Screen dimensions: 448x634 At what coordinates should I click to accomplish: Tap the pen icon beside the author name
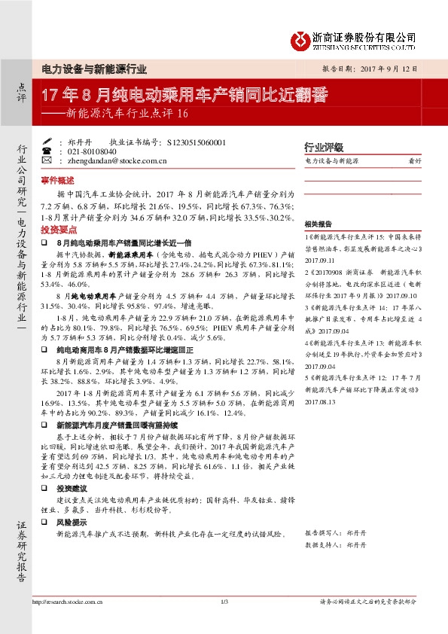coord(47,141)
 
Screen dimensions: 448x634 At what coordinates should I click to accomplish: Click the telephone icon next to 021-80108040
coord(47,151)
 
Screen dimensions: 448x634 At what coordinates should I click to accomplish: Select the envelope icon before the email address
coord(47,160)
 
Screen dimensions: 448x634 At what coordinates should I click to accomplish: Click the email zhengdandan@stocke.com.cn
coord(112,160)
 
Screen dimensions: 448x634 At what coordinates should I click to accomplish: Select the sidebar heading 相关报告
coord(316,224)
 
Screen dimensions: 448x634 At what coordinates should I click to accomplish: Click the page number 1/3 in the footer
coord(224,601)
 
